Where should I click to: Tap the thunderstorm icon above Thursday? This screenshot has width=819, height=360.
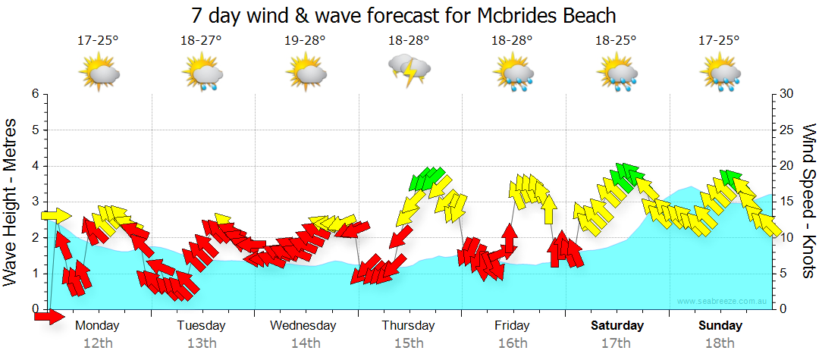(409, 71)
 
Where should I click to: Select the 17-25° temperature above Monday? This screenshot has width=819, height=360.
(98, 40)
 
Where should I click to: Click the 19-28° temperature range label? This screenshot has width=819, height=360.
(306, 40)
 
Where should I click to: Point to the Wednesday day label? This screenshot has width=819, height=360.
(303, 326)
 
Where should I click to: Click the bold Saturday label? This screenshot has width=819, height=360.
(617, 326)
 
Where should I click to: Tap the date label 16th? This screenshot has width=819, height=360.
(513, 343)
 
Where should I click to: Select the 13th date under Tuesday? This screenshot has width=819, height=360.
(201, 343)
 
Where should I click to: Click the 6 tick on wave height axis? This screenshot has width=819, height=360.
(34, 94)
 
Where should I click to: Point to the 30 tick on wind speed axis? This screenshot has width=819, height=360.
(787, 94)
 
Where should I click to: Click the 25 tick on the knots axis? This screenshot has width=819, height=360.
(787, 130)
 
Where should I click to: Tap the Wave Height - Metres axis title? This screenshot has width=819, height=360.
(11, 201)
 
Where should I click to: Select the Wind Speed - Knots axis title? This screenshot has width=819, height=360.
(808, 201)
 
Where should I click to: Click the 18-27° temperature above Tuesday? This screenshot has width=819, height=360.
(202, 40)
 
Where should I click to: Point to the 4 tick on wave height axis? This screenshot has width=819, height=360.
(34, 166)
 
